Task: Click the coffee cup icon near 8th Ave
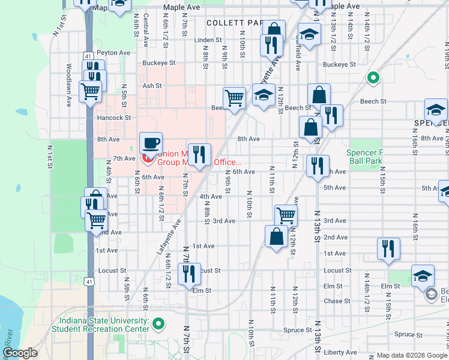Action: pyautogui.click(x=151, y=143)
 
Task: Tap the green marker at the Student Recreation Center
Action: pyautogui.click(x=158, y=325)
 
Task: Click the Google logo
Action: pyautogui.click(x=20, y=353)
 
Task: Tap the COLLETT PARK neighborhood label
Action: pyautogui.click(x=235, y=22)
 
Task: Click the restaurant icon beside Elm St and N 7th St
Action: pyautogui.click(x=189, y=274)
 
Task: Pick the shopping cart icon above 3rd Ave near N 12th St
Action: pyautogui.click(x=286, y=215)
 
